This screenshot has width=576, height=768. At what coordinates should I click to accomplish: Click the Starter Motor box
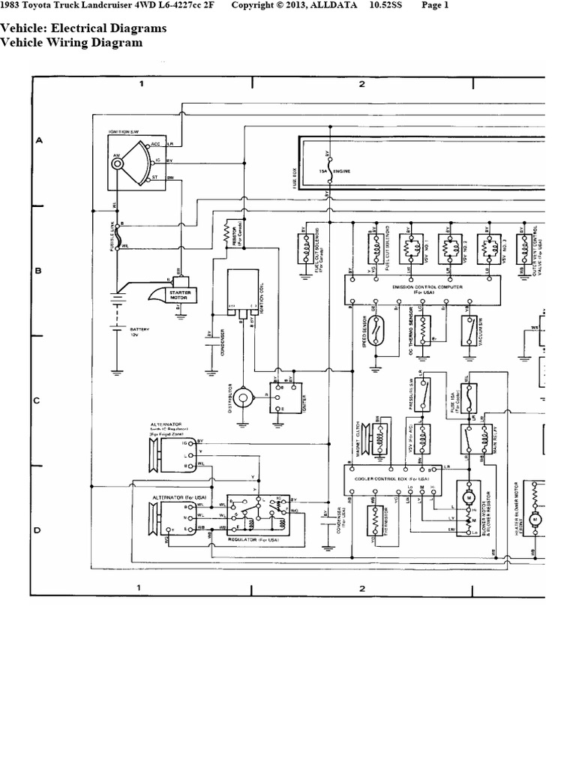pyautogui.click(x=179, y=295)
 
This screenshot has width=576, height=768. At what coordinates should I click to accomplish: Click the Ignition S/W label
pyautogui.click(x=124, y=131)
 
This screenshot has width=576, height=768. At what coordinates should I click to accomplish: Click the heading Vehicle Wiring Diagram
pyautogui.click(x=71, y=43)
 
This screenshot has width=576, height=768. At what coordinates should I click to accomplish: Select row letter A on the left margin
pyautogui.click(x=37, y=140)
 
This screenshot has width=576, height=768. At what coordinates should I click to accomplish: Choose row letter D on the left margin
pyautogui.click(x=37, y=530)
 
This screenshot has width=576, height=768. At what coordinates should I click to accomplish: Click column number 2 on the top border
pyautogui.click(x=361, y=84)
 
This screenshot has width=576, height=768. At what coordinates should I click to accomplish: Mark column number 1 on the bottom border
pyautogui.click(x=141, y=588)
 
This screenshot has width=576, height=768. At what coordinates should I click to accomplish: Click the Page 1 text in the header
pyautogui.click(x=435, y=6)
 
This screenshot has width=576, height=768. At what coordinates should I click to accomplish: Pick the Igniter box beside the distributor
pyautogui.click(x=279, y=397)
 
